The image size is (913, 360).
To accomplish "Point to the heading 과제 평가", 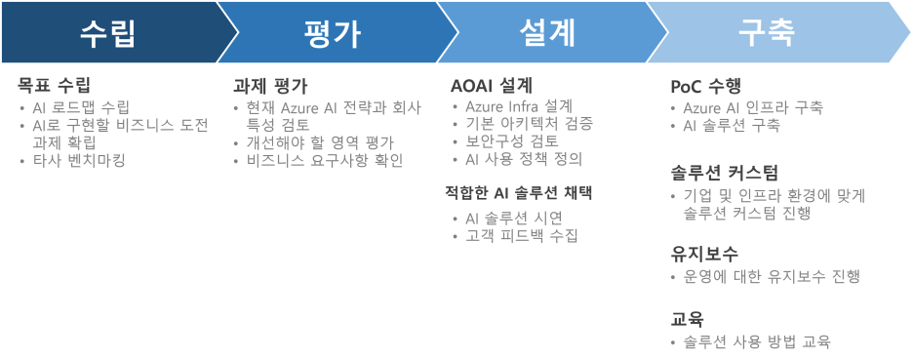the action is (270, 85).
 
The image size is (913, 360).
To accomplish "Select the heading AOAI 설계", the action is (491, 85).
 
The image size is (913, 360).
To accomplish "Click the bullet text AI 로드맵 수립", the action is (81, 107).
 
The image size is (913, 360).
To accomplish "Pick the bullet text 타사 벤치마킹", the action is (79, 160).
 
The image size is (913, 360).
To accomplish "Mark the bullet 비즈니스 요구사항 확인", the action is (325, 160).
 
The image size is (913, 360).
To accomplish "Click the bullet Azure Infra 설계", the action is (519, 105).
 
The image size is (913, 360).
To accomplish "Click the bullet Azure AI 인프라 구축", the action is (752, 107).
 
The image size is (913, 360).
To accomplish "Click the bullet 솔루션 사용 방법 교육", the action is (757, 341).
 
